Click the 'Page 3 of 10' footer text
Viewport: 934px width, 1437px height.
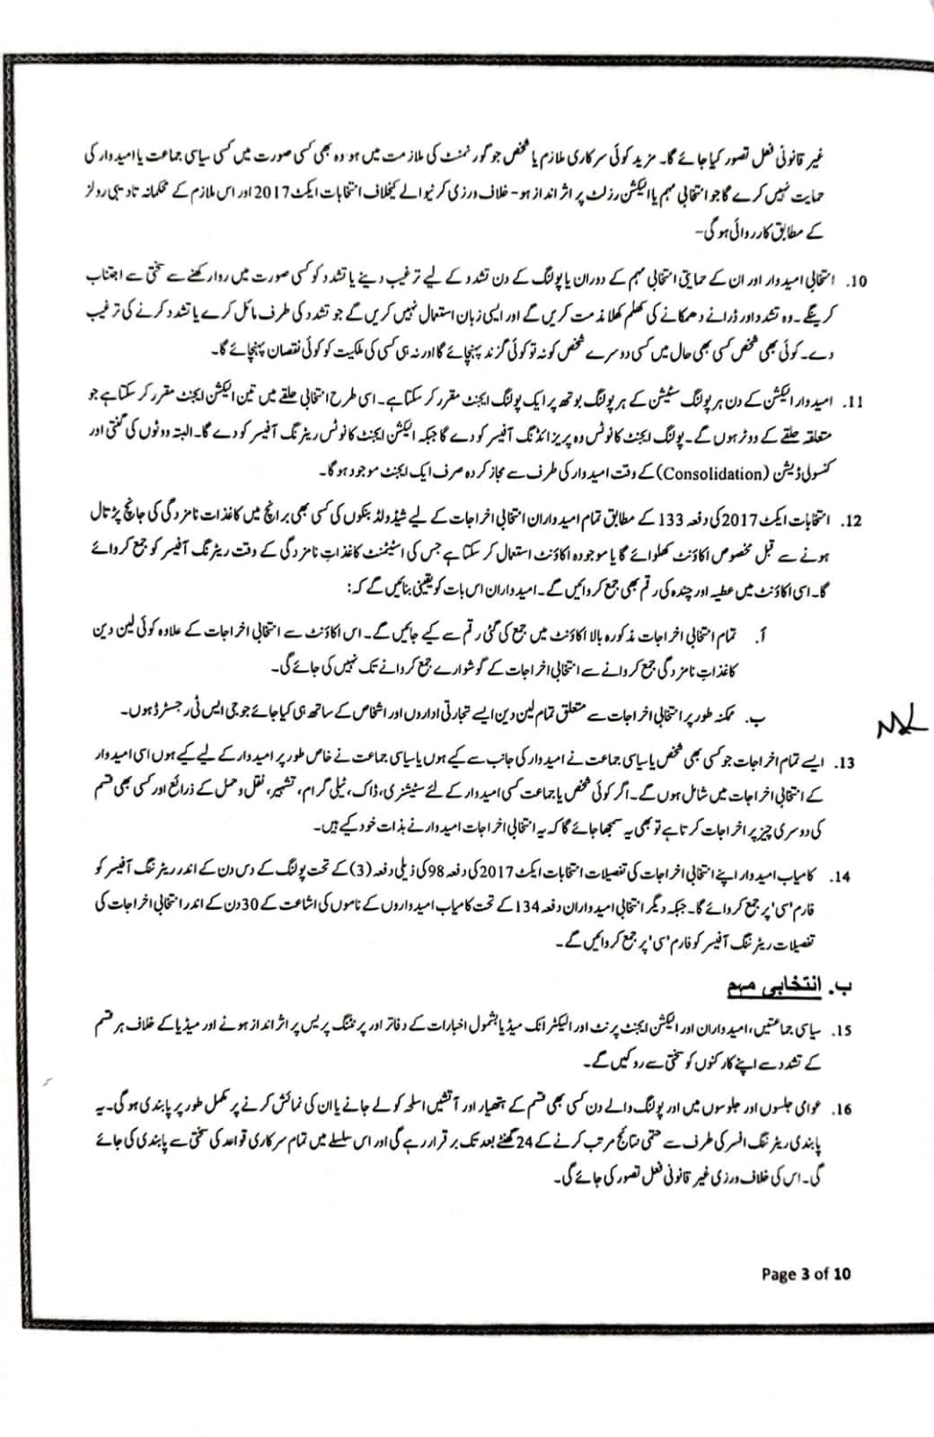pos(806,1273)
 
